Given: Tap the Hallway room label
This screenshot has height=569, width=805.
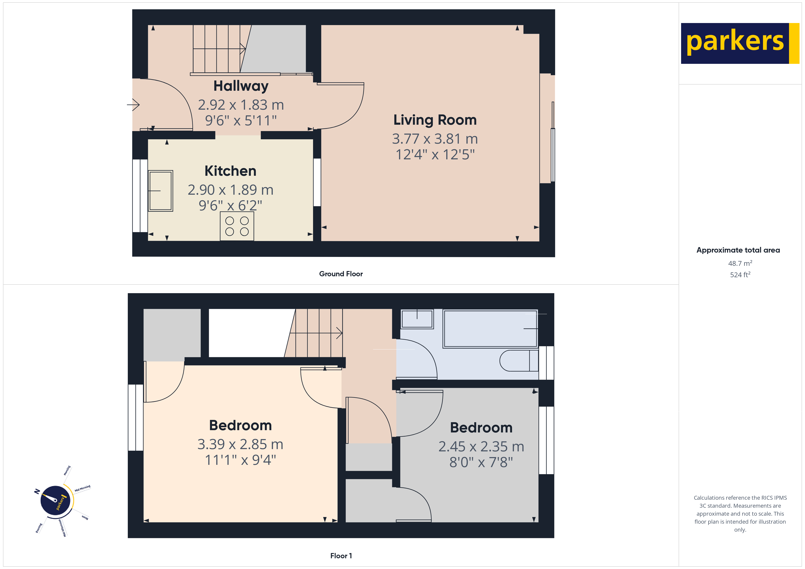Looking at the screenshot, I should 241,86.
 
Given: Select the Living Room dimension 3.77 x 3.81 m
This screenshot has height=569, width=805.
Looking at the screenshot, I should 435,139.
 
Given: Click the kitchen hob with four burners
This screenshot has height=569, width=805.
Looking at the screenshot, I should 237,226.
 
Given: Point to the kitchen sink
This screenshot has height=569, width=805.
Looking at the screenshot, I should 161,191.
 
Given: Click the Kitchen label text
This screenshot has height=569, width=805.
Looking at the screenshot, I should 230,171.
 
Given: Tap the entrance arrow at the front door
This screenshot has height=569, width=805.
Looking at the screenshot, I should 133,104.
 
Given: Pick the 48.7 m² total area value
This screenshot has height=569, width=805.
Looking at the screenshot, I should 740,263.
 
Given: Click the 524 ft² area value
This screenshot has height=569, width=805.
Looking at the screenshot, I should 740,275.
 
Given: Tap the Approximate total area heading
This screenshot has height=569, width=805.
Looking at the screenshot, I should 738,250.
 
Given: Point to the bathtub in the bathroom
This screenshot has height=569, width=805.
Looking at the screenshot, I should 490,329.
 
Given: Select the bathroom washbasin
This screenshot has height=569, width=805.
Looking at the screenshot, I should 417,319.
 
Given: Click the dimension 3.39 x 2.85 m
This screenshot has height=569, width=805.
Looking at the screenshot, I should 240,444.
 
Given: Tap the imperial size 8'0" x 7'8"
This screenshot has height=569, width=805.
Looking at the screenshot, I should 481,462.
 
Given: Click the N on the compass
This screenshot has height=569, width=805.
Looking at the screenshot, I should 37,491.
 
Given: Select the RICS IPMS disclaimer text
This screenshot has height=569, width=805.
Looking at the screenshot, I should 740,513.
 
